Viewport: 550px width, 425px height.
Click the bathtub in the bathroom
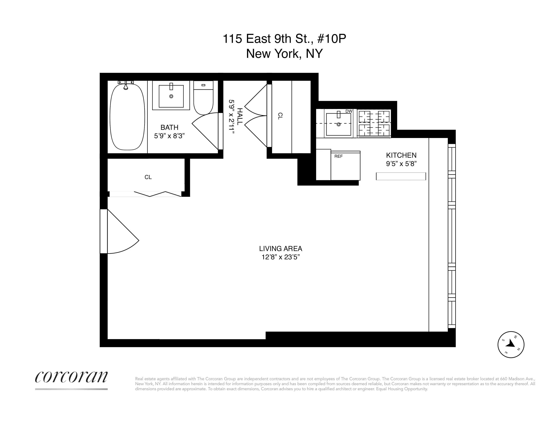click(x=127, y=117)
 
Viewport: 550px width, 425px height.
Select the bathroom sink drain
click(x=171, y=96)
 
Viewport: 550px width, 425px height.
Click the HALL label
click(x=240, y=116)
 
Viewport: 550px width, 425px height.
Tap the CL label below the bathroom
click(x=148, y=177)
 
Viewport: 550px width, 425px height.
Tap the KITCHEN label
click(x=401, y=155)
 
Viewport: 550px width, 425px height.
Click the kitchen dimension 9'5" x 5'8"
click(x=401, y=164)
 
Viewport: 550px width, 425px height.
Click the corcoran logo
click(x=71, y=377)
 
